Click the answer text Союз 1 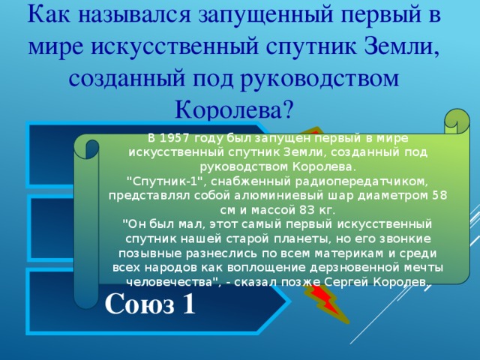(151, 304)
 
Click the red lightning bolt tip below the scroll (327, 307)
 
